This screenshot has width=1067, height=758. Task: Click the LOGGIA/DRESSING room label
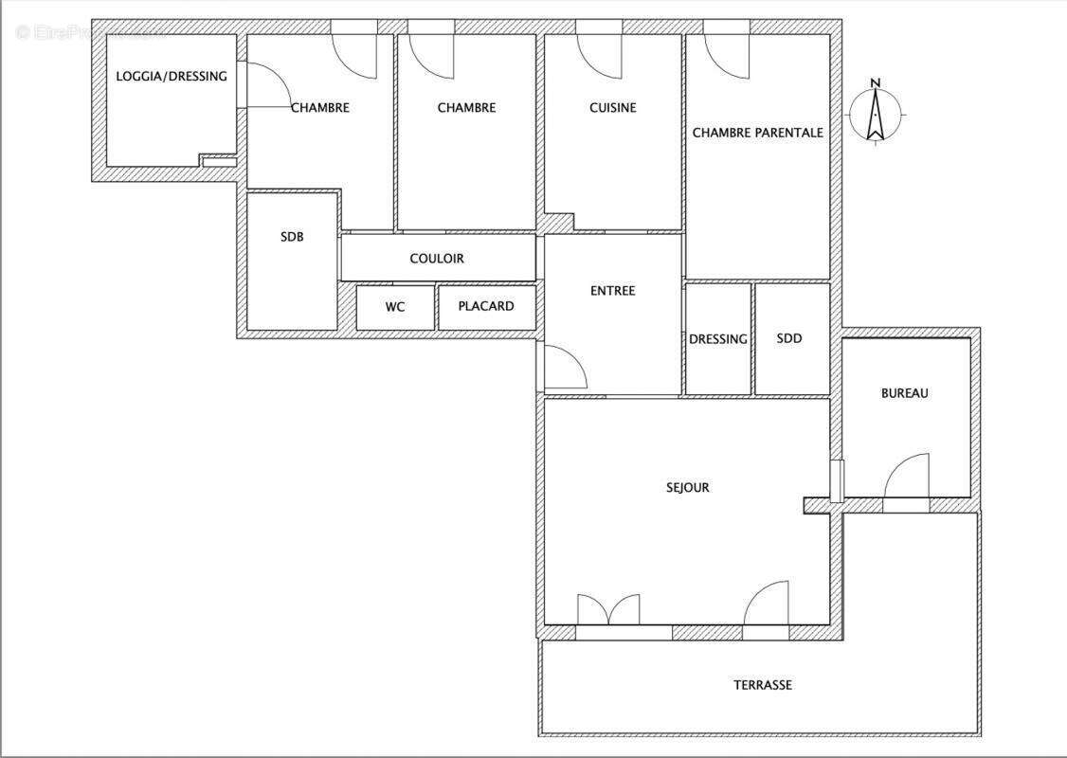172,76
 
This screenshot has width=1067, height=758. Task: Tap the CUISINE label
612,108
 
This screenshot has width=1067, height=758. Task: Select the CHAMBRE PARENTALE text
757,133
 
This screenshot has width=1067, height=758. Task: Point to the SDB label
292,237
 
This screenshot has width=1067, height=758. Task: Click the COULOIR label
437,258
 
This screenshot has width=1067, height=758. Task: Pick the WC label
395,306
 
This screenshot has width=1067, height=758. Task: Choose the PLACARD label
486,306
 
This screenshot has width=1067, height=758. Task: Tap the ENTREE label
612,291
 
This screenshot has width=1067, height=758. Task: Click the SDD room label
789,338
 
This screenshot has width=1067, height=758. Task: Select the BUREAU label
904,393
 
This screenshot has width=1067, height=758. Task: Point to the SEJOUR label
687,488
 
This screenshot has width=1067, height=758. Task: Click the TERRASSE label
762,685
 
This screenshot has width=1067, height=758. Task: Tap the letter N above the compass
876,82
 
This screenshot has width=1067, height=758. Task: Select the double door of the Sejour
608,611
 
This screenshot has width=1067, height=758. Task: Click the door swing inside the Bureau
907,477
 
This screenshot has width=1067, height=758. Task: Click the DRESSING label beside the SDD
717,339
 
